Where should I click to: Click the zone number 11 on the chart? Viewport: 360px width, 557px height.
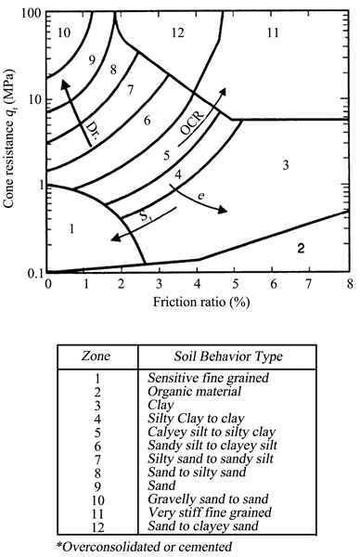tap(272, 32)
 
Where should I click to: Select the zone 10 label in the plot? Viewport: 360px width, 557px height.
tap(64, 32)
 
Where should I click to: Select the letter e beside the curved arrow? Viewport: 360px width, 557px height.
tap(200, 196)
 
